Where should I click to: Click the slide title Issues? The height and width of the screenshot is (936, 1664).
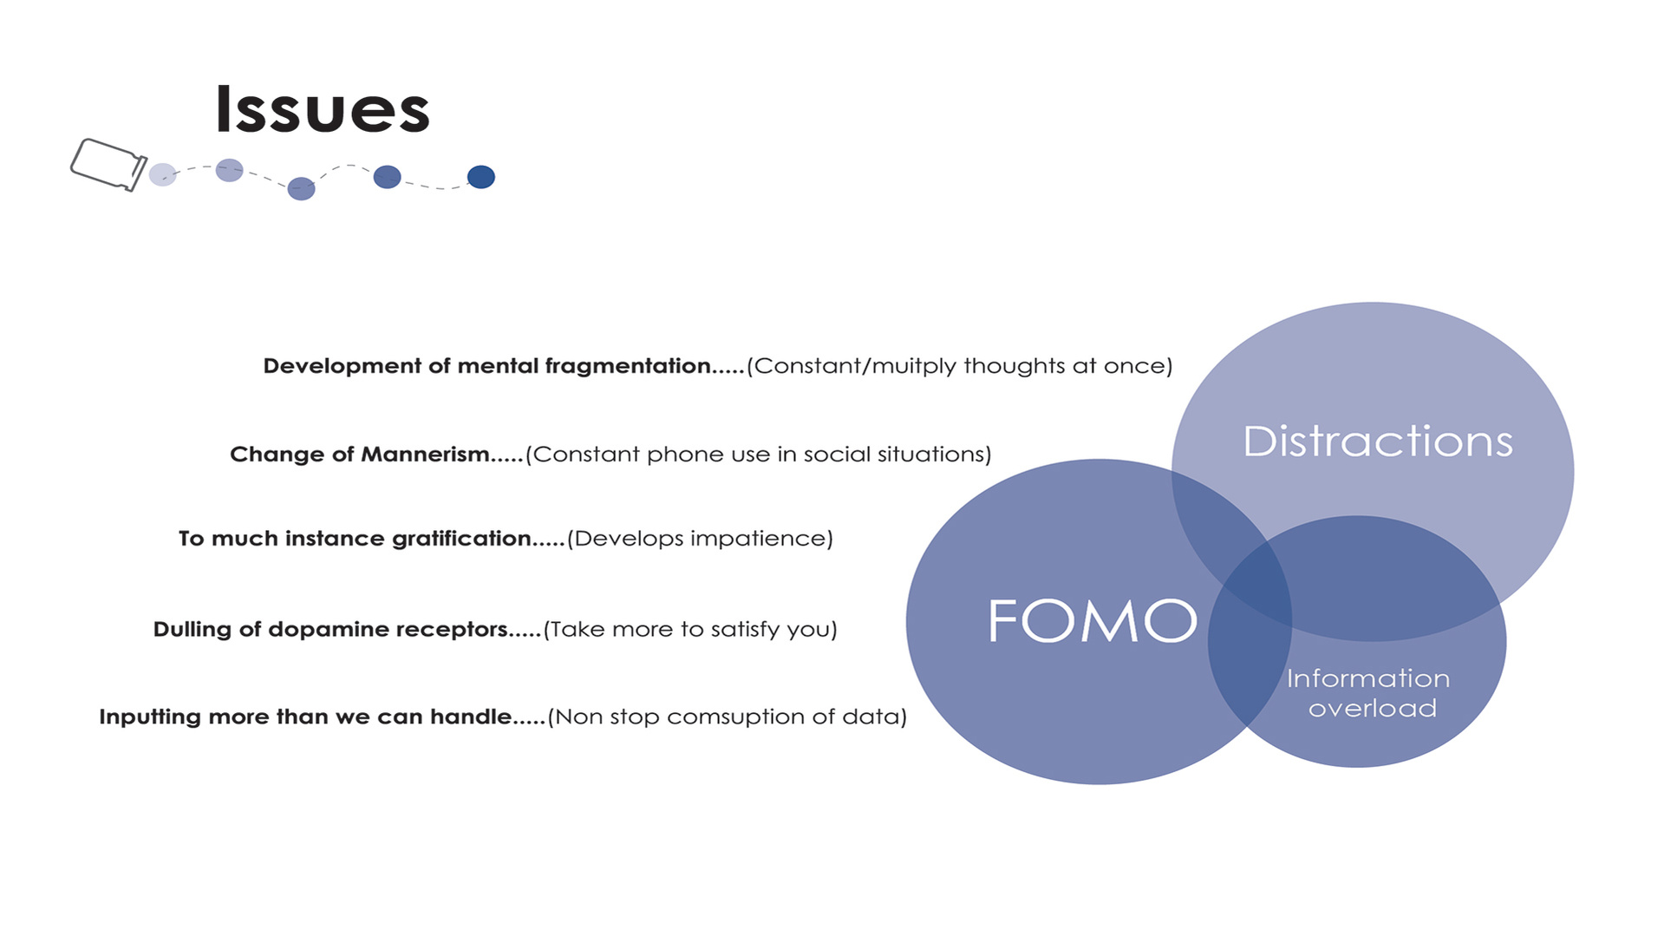(x=322, y=110)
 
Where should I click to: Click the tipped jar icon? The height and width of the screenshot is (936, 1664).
(x=108, y=164)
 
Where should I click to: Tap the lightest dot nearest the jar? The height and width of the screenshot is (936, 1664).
(x=162, y=174)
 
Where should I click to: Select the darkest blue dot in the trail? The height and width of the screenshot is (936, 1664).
(x=481, y=177)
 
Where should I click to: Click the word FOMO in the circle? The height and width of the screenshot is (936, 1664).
(x=1093, y=621)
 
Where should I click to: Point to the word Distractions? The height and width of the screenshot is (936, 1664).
(x=1378, y=442)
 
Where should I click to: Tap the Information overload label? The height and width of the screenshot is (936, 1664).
(x=1368, y=693)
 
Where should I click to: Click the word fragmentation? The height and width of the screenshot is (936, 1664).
(x=627, y=366)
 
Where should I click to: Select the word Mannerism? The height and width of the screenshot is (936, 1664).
(x=425, y=455)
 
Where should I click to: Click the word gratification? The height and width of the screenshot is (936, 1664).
(x=461, y=539)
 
